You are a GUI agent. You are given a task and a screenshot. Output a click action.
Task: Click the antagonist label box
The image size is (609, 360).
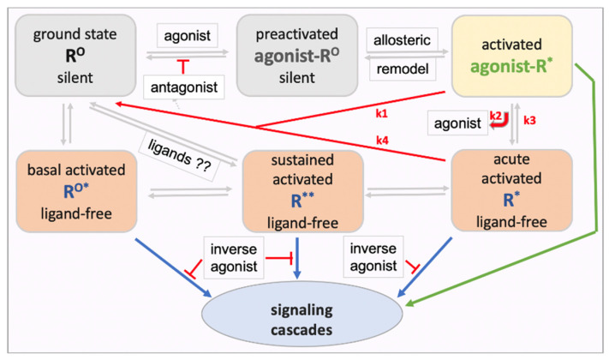(x=188, y=87)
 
